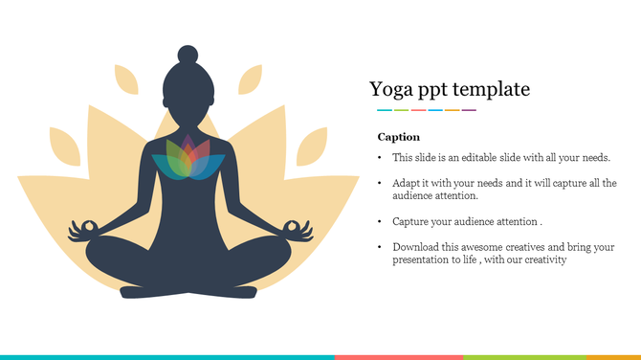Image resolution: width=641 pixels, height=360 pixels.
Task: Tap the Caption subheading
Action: tap(398, 137)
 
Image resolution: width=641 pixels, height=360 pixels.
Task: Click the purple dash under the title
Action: tap(470, 110)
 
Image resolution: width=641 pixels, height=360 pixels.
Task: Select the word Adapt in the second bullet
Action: tap(406, 182)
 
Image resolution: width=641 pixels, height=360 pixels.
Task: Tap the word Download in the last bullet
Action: tap(415, 246)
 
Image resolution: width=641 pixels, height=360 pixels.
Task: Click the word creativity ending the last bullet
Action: tap(544, 259)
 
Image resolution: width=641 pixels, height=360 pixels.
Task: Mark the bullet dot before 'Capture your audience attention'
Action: tap(380, 221)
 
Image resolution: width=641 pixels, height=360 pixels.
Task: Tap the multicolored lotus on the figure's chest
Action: tap(194, 157)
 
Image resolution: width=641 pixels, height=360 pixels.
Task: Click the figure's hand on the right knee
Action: tap(298, 229)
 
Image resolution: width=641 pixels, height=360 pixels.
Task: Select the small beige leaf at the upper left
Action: tap(126, 79)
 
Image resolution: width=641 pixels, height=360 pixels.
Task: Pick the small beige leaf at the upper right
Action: tap(250, 79)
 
